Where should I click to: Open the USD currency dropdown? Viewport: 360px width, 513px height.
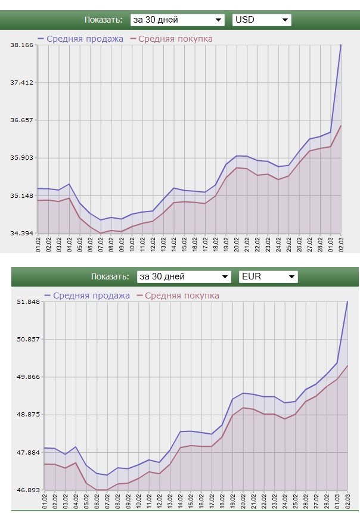click(261, 20)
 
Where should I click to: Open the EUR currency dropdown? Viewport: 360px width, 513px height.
click(268, 276)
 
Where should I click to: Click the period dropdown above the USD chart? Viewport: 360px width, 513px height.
click(178, 20)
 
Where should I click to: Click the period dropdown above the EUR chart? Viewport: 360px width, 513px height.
click(184, 276)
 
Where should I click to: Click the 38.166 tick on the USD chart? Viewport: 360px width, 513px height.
click(21, 45)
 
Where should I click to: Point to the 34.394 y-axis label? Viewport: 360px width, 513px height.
click(21, 233)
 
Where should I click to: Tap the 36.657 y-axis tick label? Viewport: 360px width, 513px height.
click(21, 120)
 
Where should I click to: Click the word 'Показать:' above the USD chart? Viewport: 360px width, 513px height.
click(103, 20)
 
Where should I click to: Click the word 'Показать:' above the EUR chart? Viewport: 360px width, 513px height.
click(110, 276)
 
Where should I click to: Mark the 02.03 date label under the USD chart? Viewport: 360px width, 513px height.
click(341, 244)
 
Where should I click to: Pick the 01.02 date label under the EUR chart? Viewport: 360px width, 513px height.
click(45, 500)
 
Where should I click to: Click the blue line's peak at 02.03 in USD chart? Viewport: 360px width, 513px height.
click(341, 45)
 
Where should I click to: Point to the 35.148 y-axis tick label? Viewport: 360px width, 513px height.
click(21, 195)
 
